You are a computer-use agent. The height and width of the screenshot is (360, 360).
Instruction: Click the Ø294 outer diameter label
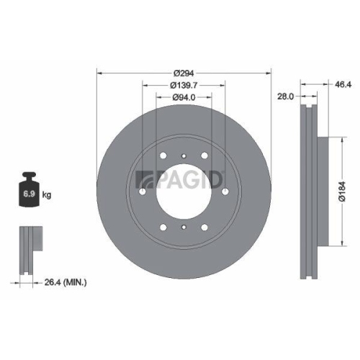(x=184, y=73)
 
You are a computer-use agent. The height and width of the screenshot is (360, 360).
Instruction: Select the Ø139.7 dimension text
(x=184, y=86)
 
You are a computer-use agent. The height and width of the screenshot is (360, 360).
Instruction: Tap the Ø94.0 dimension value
(x=184, y=99)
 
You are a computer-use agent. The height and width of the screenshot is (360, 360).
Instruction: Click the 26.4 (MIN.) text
(x=63, y=283)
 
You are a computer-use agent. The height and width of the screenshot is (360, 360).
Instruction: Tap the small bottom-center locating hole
(x=184, y=228)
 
